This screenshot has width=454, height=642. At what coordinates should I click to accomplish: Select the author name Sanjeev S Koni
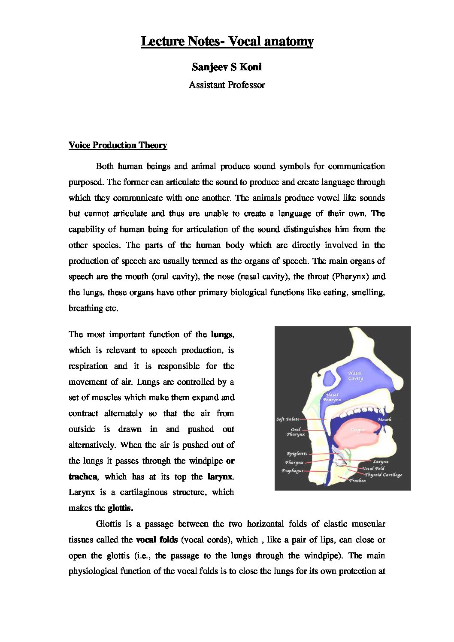point(227,67)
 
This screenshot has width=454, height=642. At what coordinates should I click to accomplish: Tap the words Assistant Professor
point(227,85)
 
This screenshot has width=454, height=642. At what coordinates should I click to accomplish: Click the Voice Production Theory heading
point(118,145)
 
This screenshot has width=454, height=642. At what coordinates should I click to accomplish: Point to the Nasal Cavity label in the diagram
point(355,376)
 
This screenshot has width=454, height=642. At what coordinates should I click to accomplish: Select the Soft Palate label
point(288,419)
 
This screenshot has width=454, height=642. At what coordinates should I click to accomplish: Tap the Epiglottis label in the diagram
point(297,454)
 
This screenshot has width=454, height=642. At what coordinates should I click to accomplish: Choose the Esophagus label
point(292,470)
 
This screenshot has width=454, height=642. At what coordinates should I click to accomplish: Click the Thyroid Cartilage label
point(383,475)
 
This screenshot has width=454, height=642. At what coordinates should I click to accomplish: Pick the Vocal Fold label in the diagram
point(373,468)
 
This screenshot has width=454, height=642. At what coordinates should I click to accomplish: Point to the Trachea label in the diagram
point(357,481)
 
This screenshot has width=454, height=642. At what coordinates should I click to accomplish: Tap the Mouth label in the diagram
point(384,419)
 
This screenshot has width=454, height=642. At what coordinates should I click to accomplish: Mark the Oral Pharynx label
point(296,432)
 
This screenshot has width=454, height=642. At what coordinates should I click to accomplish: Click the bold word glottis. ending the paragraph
point(121,508)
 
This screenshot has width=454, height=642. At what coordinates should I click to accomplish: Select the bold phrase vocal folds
point(157,540)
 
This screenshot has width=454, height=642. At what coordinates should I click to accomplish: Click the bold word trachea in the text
point(83,476)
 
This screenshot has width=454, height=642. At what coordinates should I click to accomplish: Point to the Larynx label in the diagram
point(380,462)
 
